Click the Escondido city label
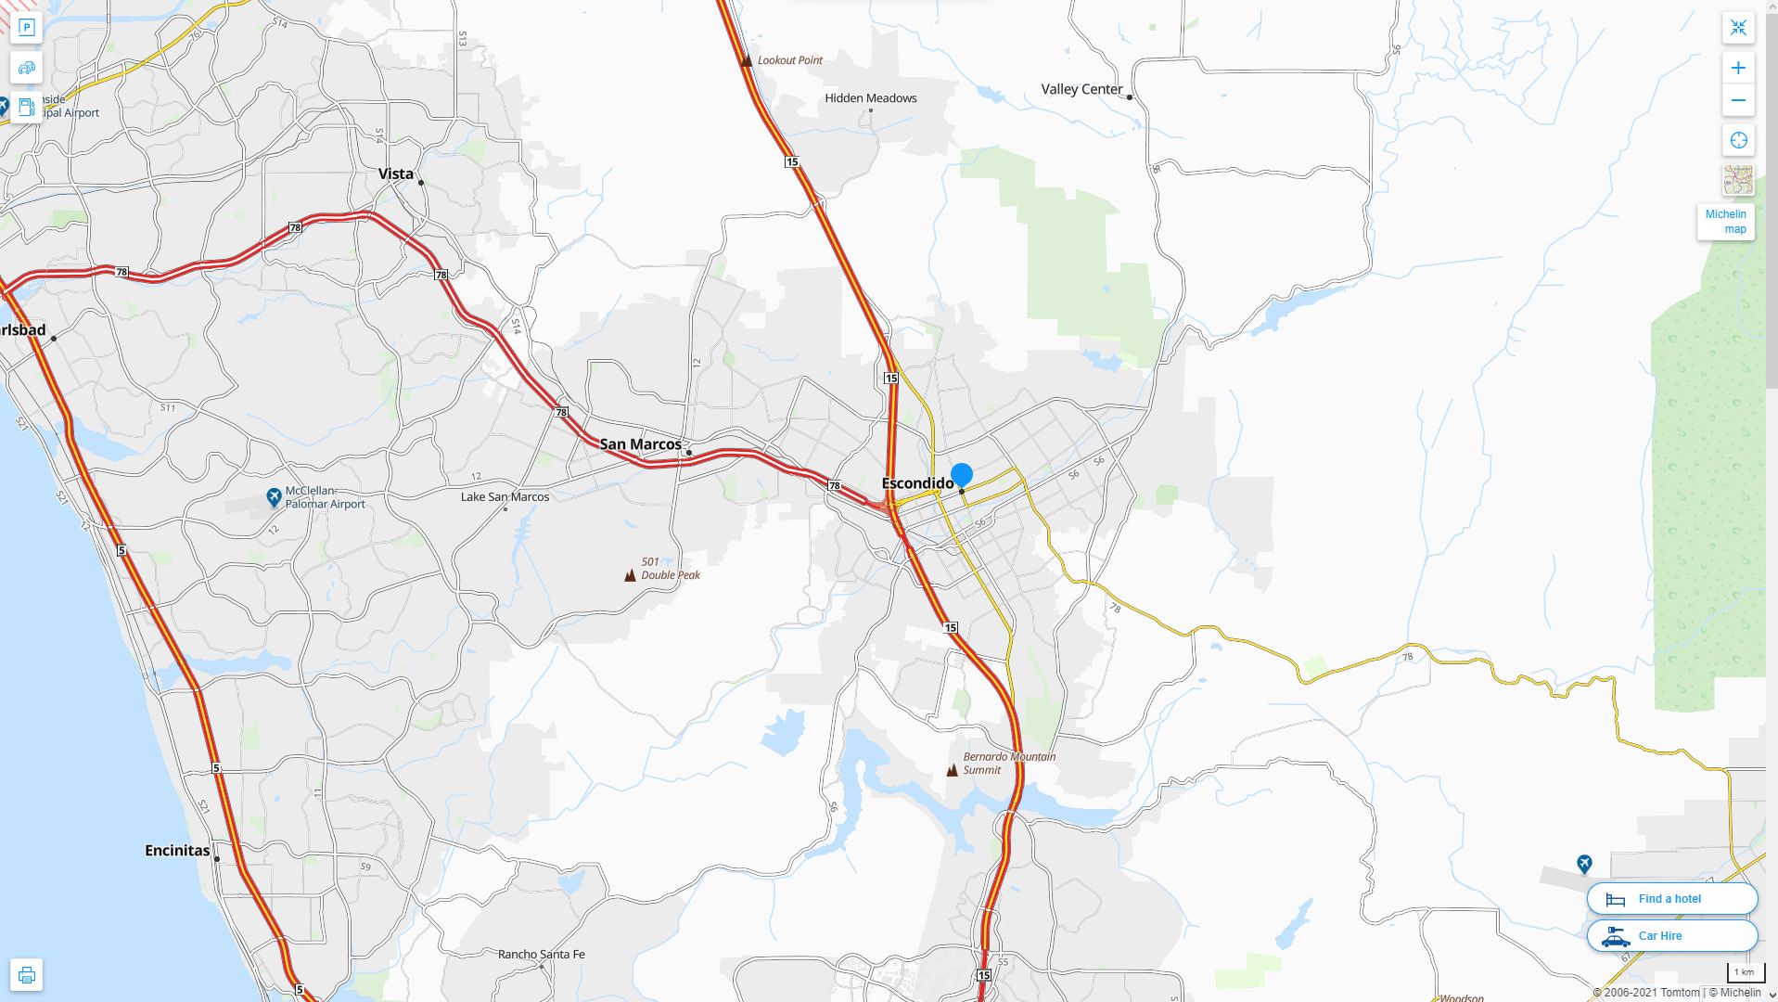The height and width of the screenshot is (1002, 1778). pyautogui.click(x=916, y=483)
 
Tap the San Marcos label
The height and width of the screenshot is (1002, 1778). pyautogui.click(x=640, y=444)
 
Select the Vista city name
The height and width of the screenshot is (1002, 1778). pyautogui.click(x=396, y=173)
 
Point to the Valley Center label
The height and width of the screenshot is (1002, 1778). pyautogui.click(x=1081, y=89)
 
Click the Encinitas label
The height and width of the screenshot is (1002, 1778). pyautogui.click(x=177, y=850)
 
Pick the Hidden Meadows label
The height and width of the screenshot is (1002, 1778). pyautogui.click(x=870, y=98)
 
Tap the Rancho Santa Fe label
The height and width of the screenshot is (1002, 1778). pyautogui.click(x=541, y=954)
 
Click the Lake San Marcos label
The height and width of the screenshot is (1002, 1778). pyautogui.click(x=505, y=497)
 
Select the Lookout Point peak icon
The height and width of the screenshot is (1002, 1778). pyautogui.click(x=747, y=60)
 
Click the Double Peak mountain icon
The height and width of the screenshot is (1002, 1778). pyautogui.click(x=631, y=575)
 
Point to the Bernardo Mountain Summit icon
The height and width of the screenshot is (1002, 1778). pyautogui.click(x=952, y=770)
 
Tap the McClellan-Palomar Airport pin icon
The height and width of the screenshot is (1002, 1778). pyautogui.click(x=274, y=498)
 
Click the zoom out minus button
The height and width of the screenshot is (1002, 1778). pyautogui.click(x=1738, y=100)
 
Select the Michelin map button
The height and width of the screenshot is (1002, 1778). pyautogui.click(x=1725, y=222)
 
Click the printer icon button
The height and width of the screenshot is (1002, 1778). pyautogui.click(x=26, y=975)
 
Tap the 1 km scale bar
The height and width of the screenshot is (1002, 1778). pyautogui.click(x=1744, y=973)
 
